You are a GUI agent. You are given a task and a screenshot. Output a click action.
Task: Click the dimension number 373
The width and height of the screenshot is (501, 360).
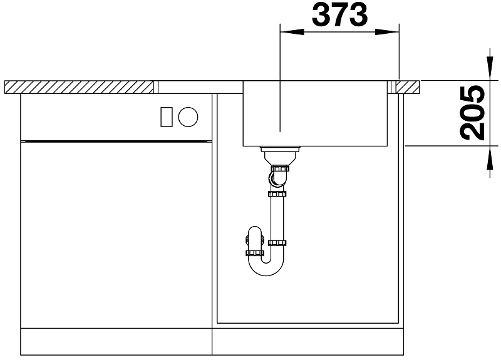tap(339, 15)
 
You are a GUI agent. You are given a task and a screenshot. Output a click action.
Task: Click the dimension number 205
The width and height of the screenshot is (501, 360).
tap(472, 113)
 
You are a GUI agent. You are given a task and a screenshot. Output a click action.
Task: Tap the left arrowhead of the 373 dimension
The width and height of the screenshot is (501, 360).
tap(292, 32)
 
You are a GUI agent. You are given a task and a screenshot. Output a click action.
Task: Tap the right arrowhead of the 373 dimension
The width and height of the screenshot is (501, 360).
tap(387, 32)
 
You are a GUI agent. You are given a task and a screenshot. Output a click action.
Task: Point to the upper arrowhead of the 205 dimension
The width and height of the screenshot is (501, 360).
tap(490, 68)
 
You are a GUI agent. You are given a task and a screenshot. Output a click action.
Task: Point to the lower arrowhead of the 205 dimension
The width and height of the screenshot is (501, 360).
tap(490, 158)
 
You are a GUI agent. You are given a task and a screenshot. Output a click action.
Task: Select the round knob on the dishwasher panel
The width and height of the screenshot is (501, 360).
tap(188, 117)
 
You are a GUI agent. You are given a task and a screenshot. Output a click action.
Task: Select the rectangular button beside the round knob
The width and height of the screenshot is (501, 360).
tap(166, 117)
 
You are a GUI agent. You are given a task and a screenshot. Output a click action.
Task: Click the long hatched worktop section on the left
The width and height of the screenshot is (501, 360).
tap(79, 87)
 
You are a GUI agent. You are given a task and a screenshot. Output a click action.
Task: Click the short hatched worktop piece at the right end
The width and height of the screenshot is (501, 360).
tap(408, 87)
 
